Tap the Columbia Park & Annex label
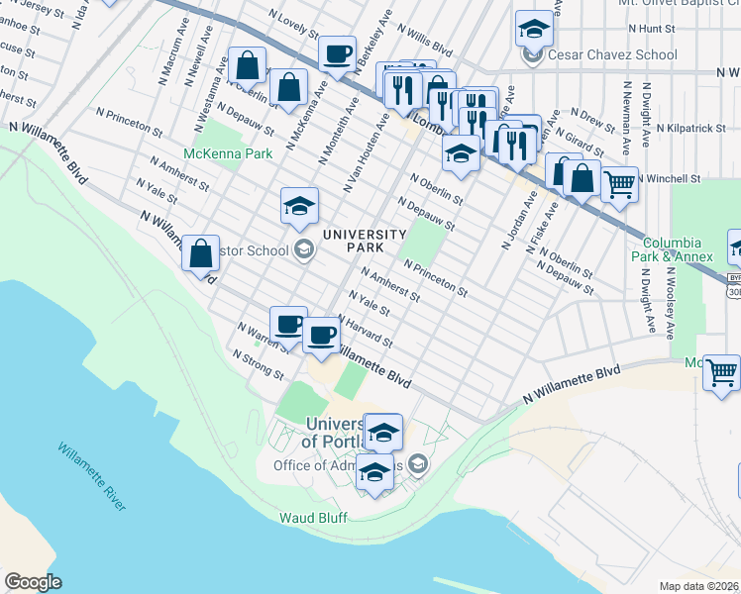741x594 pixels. point(678,249)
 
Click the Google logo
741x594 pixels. point(33,582)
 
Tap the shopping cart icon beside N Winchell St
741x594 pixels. point(619,183)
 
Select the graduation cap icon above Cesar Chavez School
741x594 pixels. point(534,29)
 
